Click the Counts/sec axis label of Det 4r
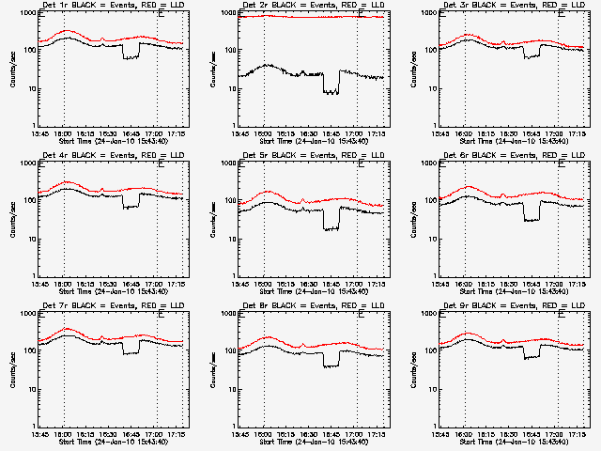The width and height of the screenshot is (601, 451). [11, 218]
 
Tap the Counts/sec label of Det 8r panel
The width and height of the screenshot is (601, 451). [211, 368]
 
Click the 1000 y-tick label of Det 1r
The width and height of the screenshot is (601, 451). [25, 13]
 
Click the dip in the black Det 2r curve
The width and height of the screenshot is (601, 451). [331, 92]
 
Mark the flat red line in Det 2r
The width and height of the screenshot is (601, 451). [310, 17]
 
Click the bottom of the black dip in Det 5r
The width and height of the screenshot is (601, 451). [331, 228]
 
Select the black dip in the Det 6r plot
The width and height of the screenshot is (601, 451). [532, 219]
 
